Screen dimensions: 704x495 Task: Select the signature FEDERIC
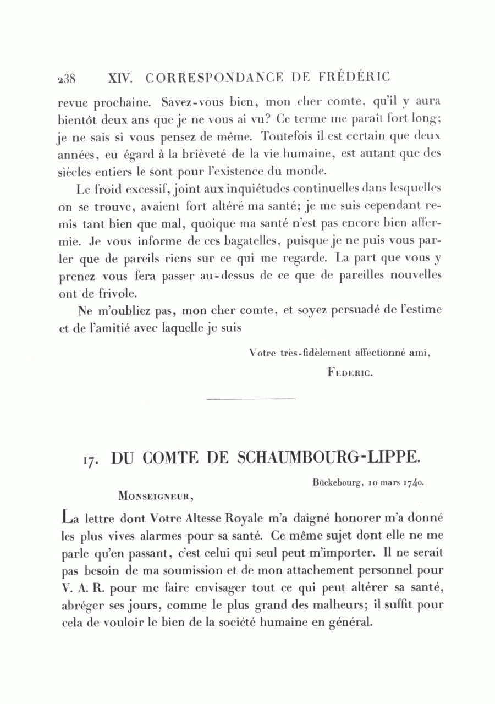(350, 372)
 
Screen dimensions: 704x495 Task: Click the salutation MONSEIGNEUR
(155, 496)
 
